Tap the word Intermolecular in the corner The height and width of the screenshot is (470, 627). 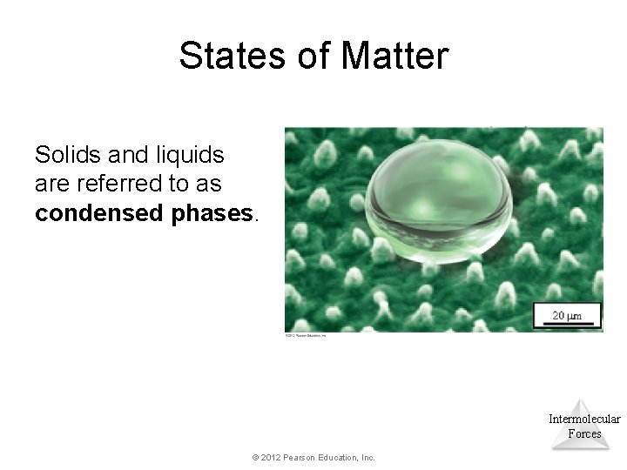pos(584,420)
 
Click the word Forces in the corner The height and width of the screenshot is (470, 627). pos(584,433)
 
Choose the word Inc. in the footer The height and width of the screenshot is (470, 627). pos(369,457)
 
